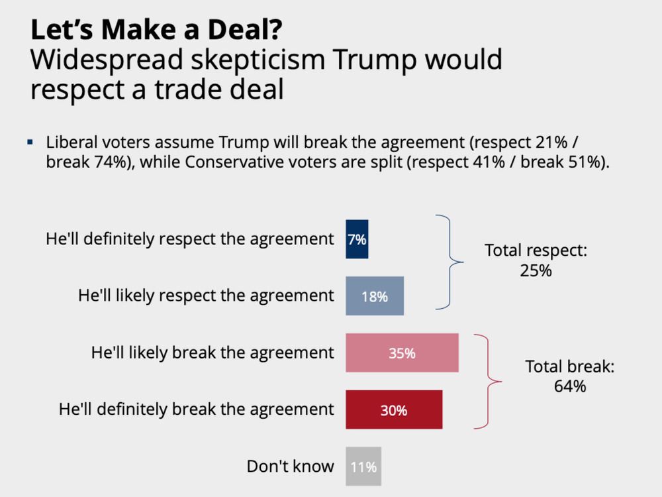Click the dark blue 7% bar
point(357,239)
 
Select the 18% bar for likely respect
point(375,296)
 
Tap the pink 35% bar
point(402,353)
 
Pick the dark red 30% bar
point(394,410)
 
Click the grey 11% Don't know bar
point(363,467)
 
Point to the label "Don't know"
point(291,467)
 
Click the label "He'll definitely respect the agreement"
point(190,239)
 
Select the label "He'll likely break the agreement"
point(213,353)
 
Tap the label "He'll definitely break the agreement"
point(197,409)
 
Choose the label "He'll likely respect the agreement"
point(206,296)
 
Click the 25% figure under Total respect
point(536,270)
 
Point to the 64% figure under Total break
point(570,386)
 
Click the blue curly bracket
point(450,262)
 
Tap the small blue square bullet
point(30,142)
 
